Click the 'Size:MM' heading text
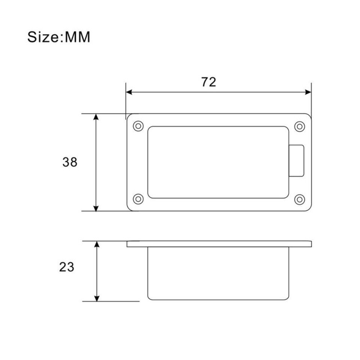pyautogui.click(x=58, y=37)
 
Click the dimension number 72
pyautogui.click(x=208, y=82)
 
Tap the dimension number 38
pyautogui.click(x=70, y=162)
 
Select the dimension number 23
pyautogui.click(x=67, y=267)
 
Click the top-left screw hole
pyautogui.click(x=138, y=126)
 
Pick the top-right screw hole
pyautogui.click(x=299, y=126)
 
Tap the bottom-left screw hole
pyautogui.click(x=138, y=199)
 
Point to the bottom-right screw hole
pyautogui.click(x=299, y=199)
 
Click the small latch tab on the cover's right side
pyautogui.click(x=297, y=160)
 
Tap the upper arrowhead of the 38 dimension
pyautogui.click(x=96, y=117)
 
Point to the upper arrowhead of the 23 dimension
pyautogui.click(x=97, y=245)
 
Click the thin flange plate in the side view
pyautogui.click(x=219, y=244)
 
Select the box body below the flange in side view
pyautogui.click(x=218, y=273)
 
